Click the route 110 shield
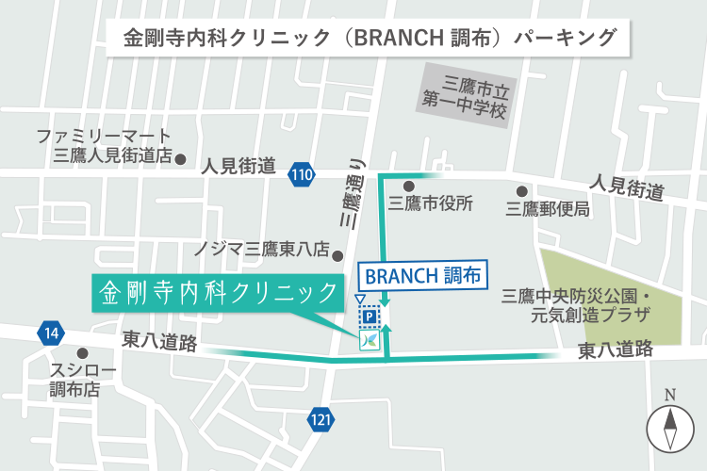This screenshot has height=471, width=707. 302,174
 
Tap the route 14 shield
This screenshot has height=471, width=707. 50,332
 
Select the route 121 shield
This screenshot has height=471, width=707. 322,420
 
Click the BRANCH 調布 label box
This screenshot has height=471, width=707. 423,276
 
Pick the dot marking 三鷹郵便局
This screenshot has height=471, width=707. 521,191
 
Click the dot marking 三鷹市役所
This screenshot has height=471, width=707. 408,187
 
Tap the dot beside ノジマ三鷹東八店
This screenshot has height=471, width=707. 337,252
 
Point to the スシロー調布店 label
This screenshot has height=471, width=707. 82,378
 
